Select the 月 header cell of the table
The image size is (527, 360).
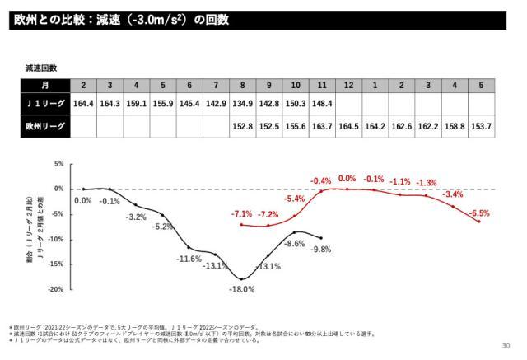point(44,85)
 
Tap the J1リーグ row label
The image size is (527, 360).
point(44,104)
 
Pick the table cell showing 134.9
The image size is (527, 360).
point(242,104)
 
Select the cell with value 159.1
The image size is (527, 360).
point(136,104)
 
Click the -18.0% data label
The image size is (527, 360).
point(242,289)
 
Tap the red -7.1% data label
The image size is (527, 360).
point(242,213)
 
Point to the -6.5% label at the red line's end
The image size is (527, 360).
point(478,213)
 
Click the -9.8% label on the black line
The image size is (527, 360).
point(320,250)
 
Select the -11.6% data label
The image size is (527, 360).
point(189,259)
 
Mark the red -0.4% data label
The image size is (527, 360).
point(320,180)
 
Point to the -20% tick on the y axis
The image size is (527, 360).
point(58,289)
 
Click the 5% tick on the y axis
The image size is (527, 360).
point(59,164)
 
